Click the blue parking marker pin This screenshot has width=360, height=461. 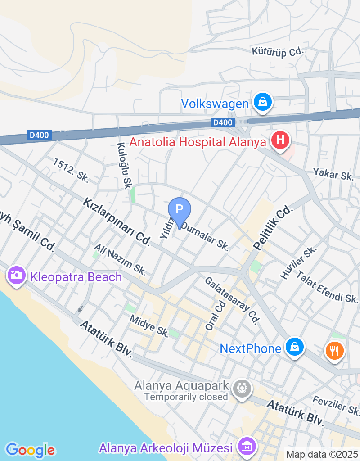[x=180, y=210]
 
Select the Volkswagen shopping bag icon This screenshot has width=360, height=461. [x=261, y=102]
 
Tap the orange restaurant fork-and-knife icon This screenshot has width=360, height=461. [x=334, y=351]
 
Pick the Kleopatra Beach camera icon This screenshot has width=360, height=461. [x=16, y=275]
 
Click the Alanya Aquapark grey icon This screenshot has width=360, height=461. [x=242, y=388]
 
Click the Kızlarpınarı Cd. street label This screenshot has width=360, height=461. [x=116, y=221]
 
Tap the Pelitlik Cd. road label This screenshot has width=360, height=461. [x=273, y=229]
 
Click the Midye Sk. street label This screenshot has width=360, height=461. [x=149, y=326]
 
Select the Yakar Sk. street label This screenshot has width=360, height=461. [x=334, y=174]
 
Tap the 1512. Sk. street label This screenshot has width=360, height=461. [x=71, y=170]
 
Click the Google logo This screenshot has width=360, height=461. [x=30, y=449]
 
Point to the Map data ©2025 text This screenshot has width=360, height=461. [x=322, y=454]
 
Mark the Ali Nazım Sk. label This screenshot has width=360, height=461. [x=120, y=259]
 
